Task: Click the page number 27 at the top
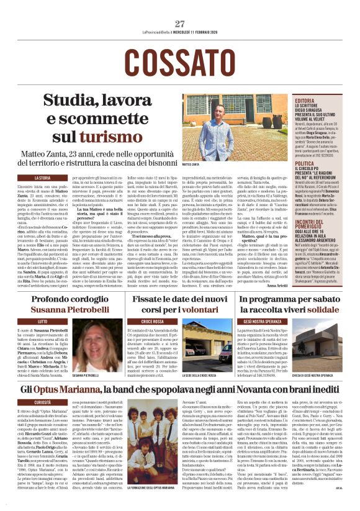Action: click(x=180, y=24)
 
